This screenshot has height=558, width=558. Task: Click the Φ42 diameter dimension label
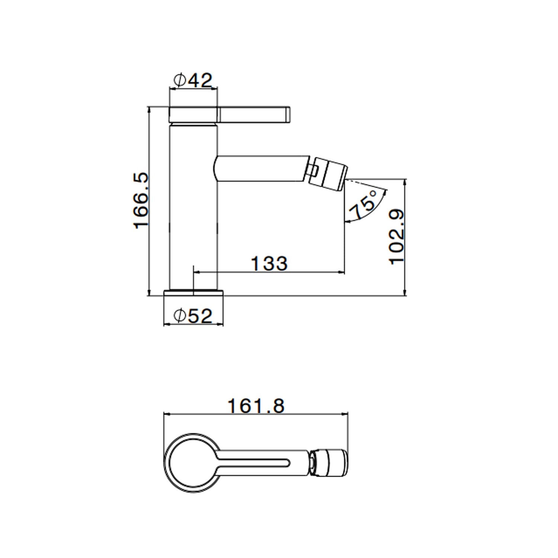click(193, 80)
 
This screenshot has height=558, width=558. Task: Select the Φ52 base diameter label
click(193, 316)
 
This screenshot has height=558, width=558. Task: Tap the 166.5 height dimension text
click(142, 200)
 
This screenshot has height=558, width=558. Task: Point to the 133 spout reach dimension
click(269, 263)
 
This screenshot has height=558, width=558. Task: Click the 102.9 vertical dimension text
click(397, 237)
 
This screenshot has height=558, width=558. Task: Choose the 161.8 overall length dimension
click(256, 406)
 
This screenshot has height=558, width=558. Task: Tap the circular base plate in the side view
click(194, 293)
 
